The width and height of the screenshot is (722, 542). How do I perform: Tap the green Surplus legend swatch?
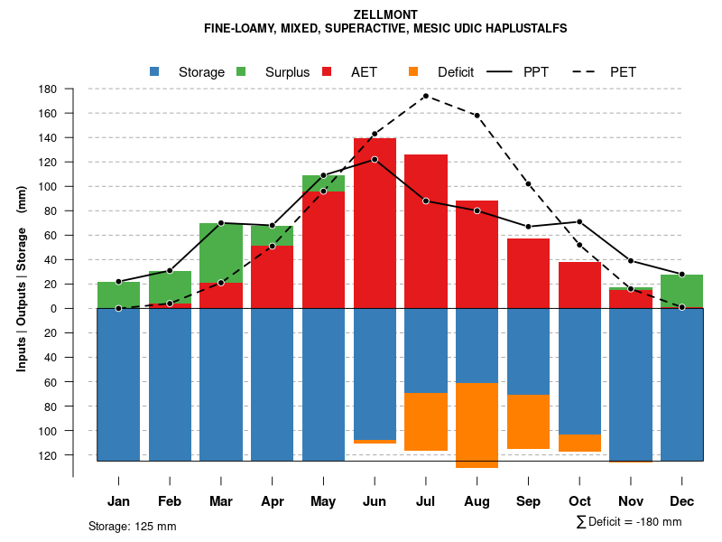tap(242, 71)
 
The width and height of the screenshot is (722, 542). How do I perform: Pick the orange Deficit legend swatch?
tap(413, 71)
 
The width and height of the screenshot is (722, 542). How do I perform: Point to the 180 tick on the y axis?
tap(48, 89)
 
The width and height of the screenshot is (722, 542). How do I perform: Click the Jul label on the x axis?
tap(426, 501)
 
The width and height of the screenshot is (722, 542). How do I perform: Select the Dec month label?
tap(681, 501)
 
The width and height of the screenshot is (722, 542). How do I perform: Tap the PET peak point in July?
tap(425, 96)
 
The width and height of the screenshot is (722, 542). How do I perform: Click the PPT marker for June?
tap(375, 159)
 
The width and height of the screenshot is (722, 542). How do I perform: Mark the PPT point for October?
tap(579, 221)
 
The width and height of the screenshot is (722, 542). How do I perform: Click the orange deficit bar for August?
tap(477, 425)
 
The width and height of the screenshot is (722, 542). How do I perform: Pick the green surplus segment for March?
tap(221, 253)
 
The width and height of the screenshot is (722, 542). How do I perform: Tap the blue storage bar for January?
tap(118, 384)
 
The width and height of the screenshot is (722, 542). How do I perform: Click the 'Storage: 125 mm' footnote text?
tap(132, 526)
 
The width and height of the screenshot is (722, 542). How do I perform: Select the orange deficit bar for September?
tap(528, 422)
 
